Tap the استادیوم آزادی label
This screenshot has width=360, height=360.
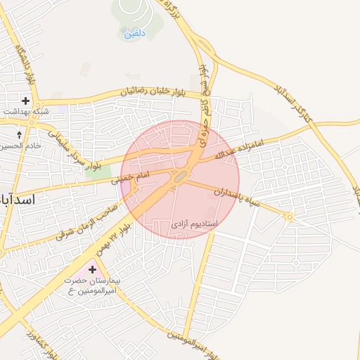click(x=195, y=224)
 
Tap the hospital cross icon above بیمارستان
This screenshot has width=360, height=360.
click(x=92, y=269)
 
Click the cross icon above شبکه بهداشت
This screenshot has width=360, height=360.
click(x=26, y=101)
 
